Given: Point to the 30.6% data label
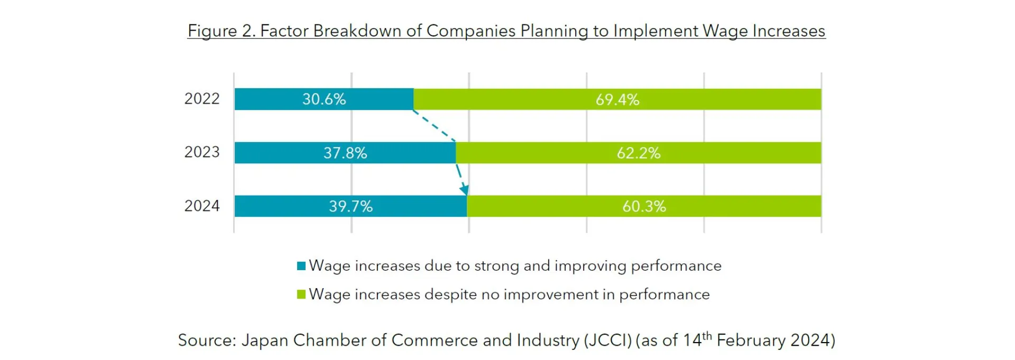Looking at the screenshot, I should click(x=324, y=99).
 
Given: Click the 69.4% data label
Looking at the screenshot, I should click(x=617, y=99).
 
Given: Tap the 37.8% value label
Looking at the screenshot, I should click(x=345, y=153).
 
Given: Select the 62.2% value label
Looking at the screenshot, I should click(x=639, y=153).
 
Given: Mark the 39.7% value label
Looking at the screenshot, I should click(x=350, y=206).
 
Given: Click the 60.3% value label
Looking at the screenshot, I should click(x=644, y=206).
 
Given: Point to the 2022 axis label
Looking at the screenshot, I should click(x=201, y=99).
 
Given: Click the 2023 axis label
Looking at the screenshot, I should click(x=201, y=152).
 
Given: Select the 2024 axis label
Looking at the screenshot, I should click(x=201, y=206).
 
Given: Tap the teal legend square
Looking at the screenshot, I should click(x=301, y=266).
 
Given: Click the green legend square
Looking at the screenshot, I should click(x=301, y=294).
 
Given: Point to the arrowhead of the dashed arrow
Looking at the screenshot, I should click(x=464, y=189).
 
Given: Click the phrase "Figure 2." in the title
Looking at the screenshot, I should click(x=222, y=31).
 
